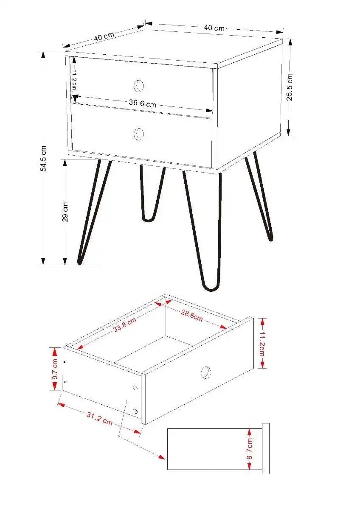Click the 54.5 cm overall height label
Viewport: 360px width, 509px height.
click(43, 158)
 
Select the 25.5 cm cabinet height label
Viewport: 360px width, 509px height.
click(290, 87)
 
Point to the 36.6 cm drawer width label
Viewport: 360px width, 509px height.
click(143, 103)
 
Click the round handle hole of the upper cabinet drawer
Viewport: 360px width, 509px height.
click(139, 86)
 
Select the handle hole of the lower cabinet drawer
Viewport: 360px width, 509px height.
click(139, 134)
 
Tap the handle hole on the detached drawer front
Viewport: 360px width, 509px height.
click(205, 372)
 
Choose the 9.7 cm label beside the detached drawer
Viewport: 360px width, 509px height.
click(55, 369)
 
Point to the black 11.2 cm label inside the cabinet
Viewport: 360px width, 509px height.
click(74, 79)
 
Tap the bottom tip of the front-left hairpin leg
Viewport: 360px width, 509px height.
click(79, 262)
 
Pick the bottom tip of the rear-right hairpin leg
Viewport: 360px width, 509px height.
click(270, 238)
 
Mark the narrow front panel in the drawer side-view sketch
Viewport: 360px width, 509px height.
click(266, 448)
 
